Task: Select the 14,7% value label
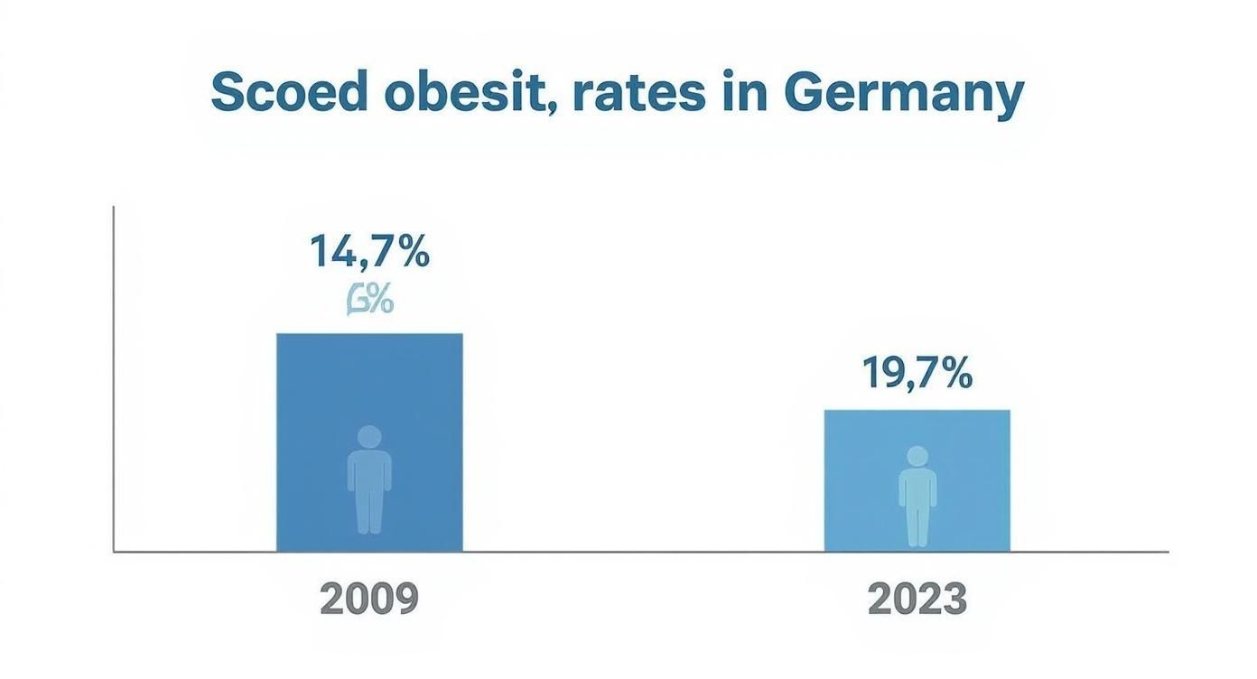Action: click(x=369, y=251)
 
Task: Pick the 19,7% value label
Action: click(x=917, y=372)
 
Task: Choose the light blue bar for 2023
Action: click(x=917, y=433)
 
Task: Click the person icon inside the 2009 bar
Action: click(x=369, y=479)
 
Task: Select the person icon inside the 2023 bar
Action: click(x=917, y=496)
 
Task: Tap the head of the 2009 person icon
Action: click(x=369, y=437)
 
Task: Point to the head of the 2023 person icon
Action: click(x=917, y=457)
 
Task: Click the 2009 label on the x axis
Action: click(x=369, y=599)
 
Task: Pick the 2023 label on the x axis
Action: click(x=917, y=599)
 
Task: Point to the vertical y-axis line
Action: click(x=114, y=379)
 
